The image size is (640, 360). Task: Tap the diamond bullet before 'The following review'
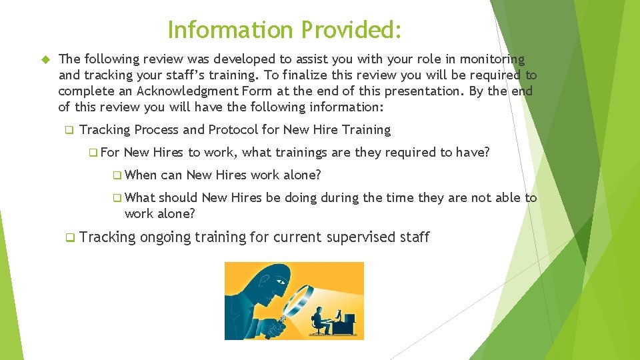(47, 60)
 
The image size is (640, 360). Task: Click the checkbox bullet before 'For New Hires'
(92, 153)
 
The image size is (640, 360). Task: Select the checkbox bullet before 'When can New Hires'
(117, 175)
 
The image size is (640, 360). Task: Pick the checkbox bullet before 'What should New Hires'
(117, 198)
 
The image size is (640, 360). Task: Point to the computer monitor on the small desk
(339, 313)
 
